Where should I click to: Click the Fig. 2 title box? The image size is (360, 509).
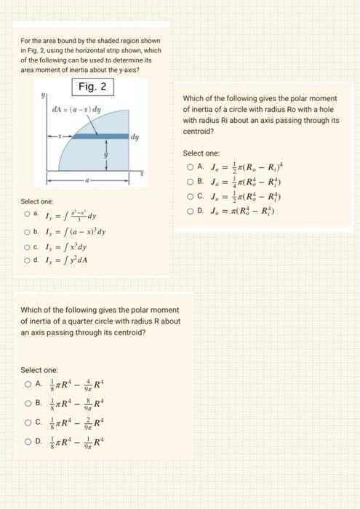click(x=93, y=87)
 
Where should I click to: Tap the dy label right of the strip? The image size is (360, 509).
click(x=136, y=135)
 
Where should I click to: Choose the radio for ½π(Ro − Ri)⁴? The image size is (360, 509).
click(x=188, y=167)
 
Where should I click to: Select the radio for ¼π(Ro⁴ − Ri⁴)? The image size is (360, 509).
click(x=188, y=181)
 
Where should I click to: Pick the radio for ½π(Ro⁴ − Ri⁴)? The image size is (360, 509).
click(x=188, y=196)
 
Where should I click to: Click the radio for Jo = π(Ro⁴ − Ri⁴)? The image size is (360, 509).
click(x=188, y=211)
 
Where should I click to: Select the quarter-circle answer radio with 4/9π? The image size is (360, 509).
click(x=28, y=385)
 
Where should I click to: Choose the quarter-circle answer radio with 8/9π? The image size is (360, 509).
click(x=28, y=402)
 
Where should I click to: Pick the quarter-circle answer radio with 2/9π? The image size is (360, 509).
click(x=28, y=420)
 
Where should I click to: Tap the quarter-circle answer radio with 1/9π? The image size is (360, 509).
click(x=28, y=438)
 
